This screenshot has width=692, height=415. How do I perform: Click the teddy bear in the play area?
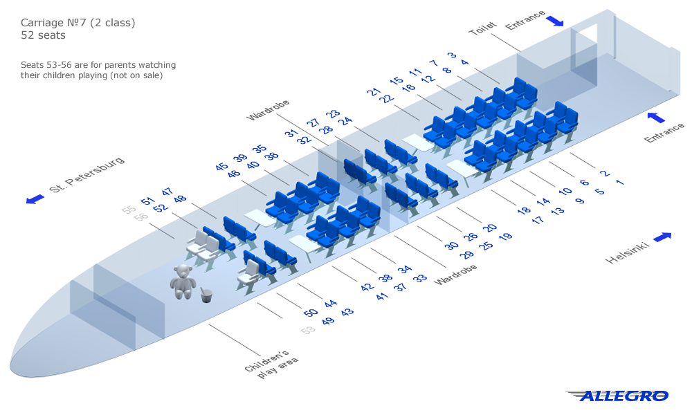[x=183, y=281]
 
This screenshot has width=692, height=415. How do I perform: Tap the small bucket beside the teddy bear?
[x=206, y=295]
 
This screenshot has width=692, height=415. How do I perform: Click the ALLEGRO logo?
[x=617, y=396]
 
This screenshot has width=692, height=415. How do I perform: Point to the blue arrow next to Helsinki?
[x=662, y=237]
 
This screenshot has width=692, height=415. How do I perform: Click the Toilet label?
[x=482, y=28]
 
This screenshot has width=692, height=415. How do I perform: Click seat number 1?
[x=619, y=183]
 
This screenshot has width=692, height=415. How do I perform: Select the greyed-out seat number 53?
[x=308, y=330]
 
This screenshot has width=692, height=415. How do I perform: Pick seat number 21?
[x=374, y=91]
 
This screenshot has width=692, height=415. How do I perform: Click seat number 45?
[x=221, y=167]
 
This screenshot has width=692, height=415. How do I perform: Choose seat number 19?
[x=506, y=237]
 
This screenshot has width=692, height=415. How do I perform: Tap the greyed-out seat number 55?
[x=129, y=210]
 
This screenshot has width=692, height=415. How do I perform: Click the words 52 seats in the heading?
[x=43, y=35]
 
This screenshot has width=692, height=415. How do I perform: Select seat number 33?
[x=420, y=278]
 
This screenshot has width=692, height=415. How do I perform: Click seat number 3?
[x=452, y=55]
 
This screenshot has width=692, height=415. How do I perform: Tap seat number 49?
[x=328, y=321]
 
